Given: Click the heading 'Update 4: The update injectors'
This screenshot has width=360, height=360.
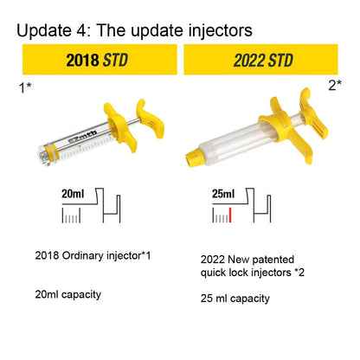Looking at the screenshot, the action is [134, 31].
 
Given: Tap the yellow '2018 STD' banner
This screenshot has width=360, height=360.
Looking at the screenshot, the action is [100, 60].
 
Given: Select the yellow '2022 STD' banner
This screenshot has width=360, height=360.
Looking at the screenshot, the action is [260, 60].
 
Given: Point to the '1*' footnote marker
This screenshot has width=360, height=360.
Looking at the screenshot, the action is [25, 87].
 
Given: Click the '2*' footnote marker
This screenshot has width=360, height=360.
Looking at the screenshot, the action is [335, 85].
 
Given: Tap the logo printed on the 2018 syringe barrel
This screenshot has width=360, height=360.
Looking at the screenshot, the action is [83, 137].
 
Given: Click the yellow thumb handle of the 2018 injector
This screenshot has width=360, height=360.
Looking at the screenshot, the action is [150, 119].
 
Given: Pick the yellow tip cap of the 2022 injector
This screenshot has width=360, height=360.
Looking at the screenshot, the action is [196, 157].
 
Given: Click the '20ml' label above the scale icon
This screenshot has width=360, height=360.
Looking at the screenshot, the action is [73, 194].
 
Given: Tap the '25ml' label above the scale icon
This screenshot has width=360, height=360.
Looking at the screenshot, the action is [223, 194].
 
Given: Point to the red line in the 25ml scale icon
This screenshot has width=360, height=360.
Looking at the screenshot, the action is [230, 215].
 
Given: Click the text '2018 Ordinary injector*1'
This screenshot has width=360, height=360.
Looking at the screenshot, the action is [93, 255].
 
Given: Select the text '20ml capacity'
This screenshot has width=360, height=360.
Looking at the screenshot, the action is [68, 294].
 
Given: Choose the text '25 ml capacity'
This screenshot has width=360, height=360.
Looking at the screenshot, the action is [235, 299].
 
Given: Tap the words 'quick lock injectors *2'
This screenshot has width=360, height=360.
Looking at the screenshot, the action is [253, 273].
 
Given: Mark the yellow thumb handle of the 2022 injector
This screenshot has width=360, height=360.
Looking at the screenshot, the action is [313, 115].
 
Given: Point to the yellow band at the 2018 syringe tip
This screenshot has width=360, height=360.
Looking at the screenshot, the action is [54, 152].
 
